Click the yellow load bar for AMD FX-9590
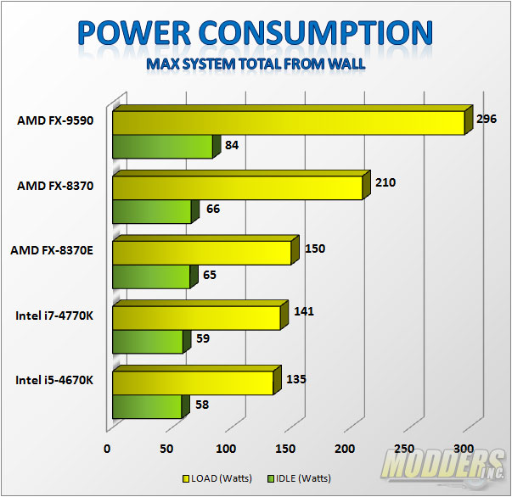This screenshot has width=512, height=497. (289, 122)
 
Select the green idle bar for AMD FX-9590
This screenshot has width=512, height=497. (162, 147)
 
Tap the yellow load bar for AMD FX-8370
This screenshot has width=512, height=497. (237, 187)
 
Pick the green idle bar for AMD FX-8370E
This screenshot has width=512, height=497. (151, 276)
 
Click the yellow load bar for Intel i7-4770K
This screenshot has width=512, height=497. (196, 317)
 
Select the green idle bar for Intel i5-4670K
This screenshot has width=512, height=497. (147, 406)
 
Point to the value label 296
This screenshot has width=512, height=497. (487, 119)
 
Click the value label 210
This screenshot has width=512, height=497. (385, 182)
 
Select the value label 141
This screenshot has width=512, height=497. (304, 311)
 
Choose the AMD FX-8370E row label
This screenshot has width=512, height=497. (52, 250)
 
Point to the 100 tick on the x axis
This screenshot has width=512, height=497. (227, 449)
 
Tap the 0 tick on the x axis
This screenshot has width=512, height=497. (108, 449)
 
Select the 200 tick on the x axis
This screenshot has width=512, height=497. (346, 449)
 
